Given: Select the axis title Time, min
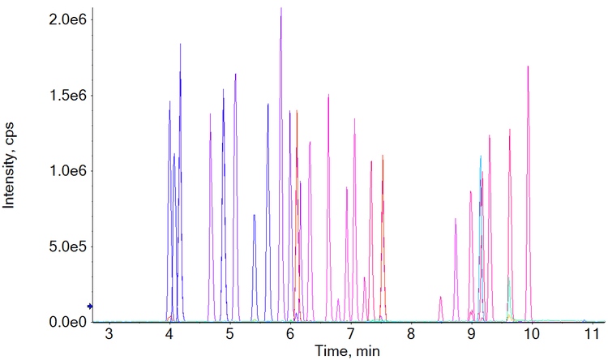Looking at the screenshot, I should point(348,351).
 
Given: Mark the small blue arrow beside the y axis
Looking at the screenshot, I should point(91,306).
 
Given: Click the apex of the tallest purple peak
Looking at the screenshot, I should point(281,9).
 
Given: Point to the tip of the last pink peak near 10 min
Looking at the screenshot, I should point(528,66).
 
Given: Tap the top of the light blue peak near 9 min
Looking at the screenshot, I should point(481,156).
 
